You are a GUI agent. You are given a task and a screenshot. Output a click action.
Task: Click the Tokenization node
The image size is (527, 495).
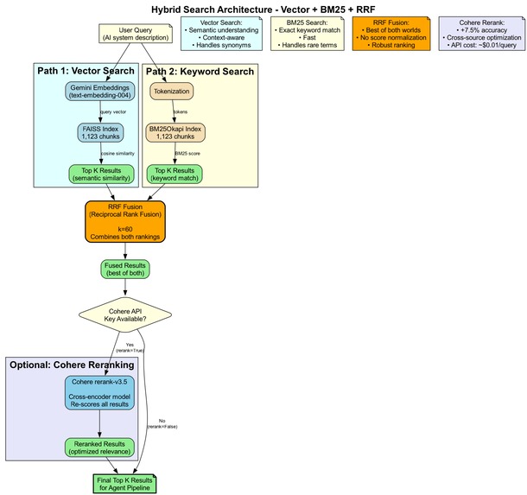[x=172, y=91]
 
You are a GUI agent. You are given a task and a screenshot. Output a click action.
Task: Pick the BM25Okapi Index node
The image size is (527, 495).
[x=176, y=132]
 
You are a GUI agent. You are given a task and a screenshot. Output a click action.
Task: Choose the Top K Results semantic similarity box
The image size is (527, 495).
[x=103, y=174]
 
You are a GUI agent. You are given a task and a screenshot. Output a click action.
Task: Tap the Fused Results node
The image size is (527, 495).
[x=126, y=270]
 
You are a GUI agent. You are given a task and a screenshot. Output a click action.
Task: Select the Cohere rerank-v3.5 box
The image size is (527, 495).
[x=101, y=392]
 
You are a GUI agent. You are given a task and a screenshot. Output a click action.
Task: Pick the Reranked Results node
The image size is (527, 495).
[x=101, y=447]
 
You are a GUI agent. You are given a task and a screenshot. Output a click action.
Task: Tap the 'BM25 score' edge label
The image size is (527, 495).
[x=187, y=153]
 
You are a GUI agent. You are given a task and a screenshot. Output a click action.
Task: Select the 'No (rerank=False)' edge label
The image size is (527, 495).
[x=162, y=423]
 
